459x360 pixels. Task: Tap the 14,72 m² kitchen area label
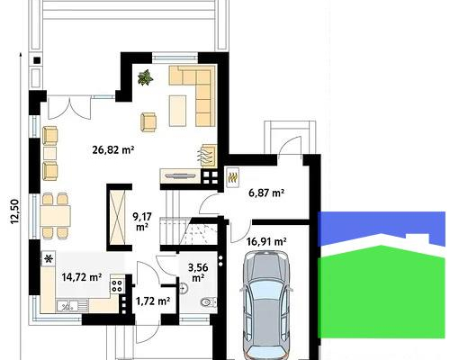point(82,279)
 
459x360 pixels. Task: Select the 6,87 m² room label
point(265,193)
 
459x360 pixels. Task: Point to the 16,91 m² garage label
point(266,241)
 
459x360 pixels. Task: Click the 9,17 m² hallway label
point(142,221)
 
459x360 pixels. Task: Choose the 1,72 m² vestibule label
point(152,301)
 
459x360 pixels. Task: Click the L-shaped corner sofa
point(197,91)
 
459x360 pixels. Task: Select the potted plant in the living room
point(143,78)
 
